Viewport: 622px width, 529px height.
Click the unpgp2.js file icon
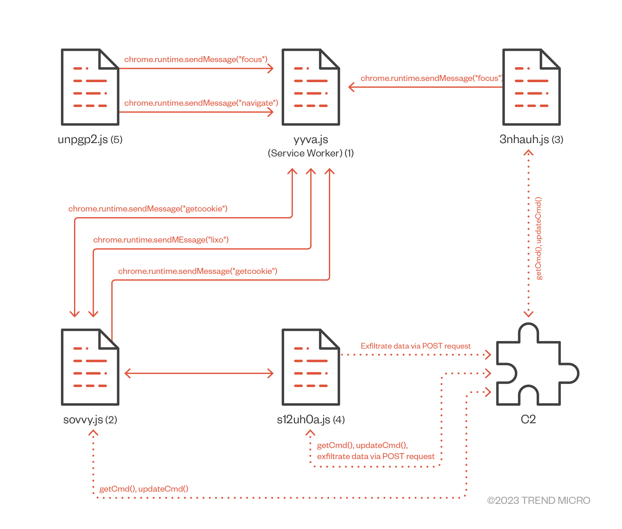[90, 87]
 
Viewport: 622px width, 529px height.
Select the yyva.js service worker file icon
[311, 87]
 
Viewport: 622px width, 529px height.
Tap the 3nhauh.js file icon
[531, 87]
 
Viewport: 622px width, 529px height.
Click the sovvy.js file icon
[90, 367]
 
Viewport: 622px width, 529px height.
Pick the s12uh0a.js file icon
[311, 367]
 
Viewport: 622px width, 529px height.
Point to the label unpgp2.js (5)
[90, 139]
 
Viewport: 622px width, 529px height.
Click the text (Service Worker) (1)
[311, 153]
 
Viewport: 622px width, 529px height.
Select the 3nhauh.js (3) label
[531, 139]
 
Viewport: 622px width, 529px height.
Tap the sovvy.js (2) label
[90, 420]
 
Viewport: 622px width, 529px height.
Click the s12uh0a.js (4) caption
[311, 420]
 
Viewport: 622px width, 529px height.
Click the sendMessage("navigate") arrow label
[201, 103]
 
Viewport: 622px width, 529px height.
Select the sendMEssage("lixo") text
[161, 240]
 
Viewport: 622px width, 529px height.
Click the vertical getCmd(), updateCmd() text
[538, 238]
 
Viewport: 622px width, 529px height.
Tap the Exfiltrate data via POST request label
[415, 346]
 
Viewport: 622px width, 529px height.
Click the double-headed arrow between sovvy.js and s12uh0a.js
[199, 373]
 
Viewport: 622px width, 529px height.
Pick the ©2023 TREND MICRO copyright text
[538, 501]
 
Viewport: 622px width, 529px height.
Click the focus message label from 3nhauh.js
[432, 78]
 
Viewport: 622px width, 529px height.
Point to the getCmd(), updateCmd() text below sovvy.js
[144, 489]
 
